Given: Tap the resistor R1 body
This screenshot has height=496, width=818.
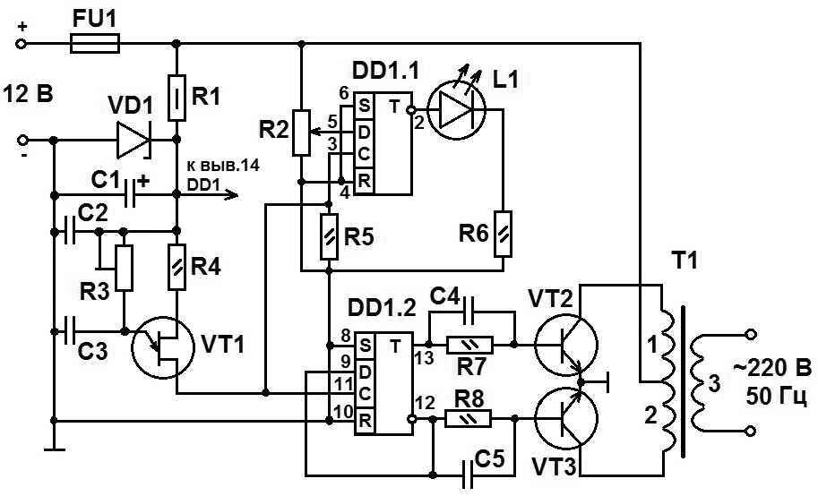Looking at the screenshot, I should [177, 98].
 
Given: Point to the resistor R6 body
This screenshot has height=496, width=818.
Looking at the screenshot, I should [504, 234].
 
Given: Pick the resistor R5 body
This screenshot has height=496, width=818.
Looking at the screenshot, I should [331, 235].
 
